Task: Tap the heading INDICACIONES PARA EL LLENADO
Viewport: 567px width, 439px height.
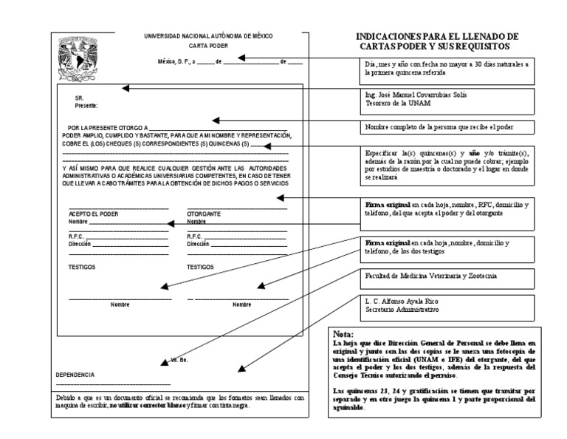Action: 437,36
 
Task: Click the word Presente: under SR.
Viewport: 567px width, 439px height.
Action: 86,106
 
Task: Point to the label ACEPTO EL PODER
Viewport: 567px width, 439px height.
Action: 93,214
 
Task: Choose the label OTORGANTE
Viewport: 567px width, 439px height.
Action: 204,214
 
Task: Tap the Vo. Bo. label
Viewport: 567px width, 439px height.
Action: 179,359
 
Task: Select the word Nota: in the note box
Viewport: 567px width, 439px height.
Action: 344,334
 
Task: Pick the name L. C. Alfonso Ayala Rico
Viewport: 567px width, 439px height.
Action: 402,302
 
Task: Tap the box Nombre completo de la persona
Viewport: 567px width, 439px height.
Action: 449,127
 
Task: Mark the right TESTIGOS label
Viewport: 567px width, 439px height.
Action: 200,267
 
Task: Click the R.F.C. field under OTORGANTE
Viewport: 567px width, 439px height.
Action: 236,236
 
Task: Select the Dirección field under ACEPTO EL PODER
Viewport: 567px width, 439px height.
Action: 118,242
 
